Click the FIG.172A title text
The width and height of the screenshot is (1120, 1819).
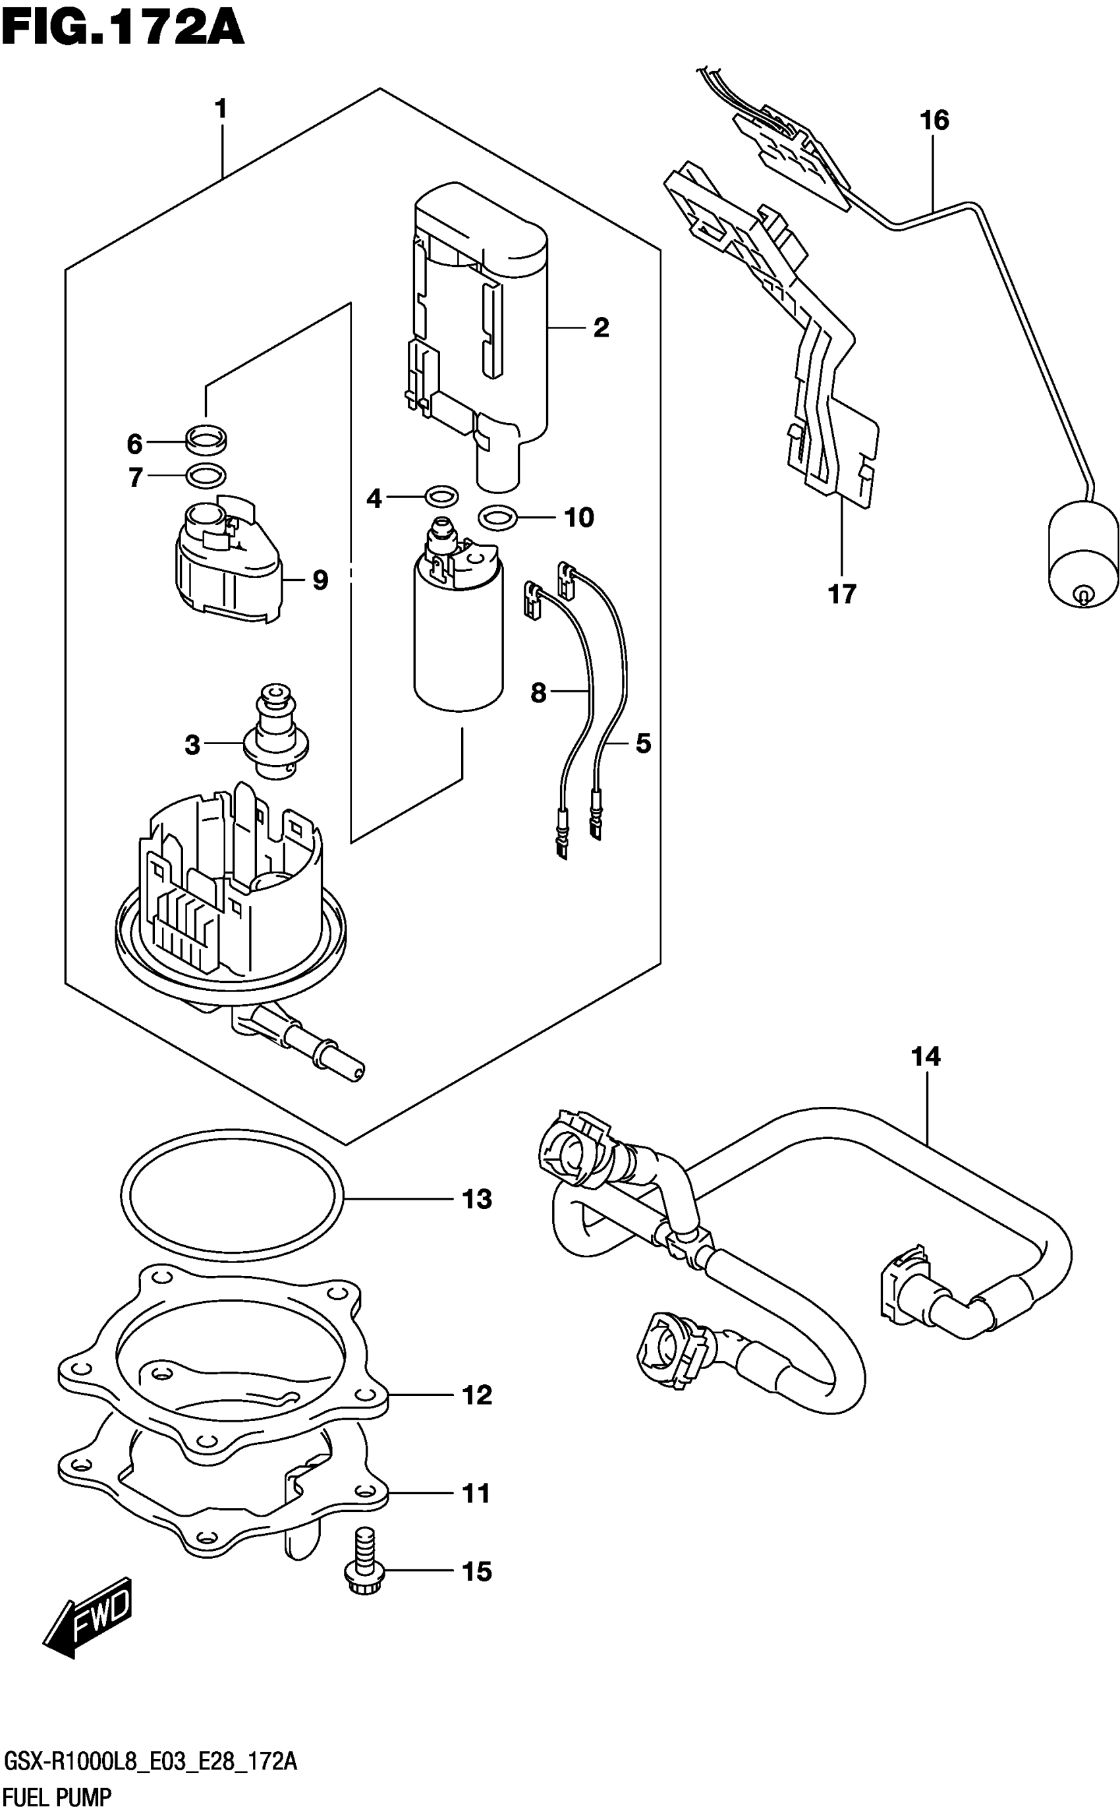(x=123, y=30)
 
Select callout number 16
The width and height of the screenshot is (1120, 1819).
(x=934, y=120)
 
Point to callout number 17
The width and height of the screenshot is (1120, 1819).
(x=842, y=593)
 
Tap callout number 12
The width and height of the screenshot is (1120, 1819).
(x=476, y=1395)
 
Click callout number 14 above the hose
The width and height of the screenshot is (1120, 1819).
(x=926, y=1056)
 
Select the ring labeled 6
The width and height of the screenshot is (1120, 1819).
(x=207, y=440)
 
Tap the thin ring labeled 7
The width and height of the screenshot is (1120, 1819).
(x=205, y=475)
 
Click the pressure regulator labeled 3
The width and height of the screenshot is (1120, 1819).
(x=275, y=733)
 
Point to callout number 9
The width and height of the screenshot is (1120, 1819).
(x=320, y=580)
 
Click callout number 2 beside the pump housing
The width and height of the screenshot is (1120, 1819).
(x=601, y=327)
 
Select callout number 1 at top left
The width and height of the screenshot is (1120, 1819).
(x=220, y=109)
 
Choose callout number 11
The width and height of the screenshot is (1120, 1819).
(x=476, y=1494)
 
